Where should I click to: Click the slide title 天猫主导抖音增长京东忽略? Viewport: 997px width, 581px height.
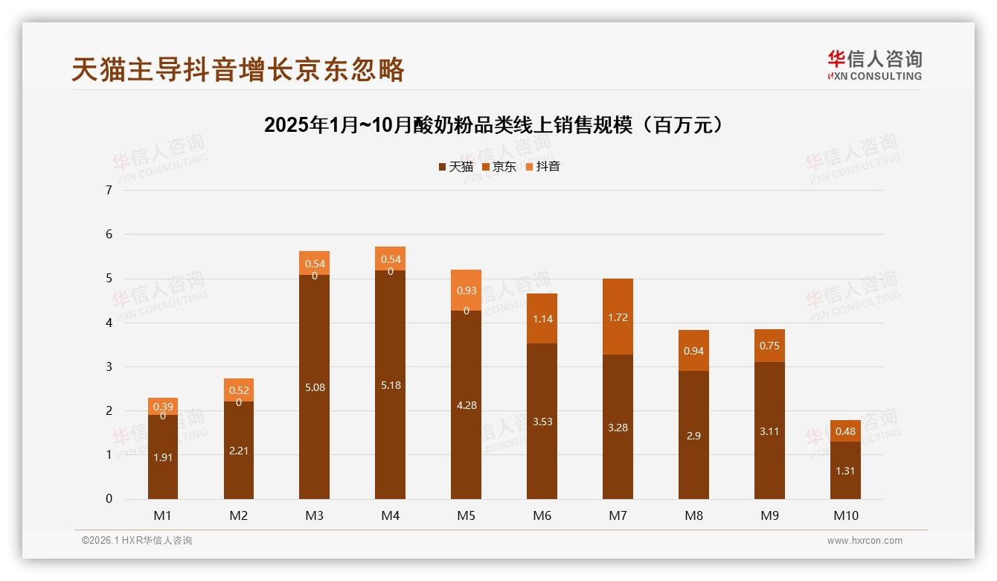tap(238, 69)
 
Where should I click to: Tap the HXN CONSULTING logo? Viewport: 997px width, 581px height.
tap(874, 65)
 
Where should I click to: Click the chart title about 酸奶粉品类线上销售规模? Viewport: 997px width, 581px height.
tap(493, 124)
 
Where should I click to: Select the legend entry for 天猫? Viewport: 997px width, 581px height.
tap(455, 167)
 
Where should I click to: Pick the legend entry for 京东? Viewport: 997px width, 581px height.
tap(499, 167)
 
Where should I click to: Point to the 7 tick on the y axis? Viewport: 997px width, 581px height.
tap(109, 190)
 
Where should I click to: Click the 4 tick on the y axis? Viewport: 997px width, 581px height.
tap(109, 323)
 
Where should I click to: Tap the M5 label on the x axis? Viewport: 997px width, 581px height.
tap(466, 515)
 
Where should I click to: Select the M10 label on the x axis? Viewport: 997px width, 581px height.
tap(845, 515)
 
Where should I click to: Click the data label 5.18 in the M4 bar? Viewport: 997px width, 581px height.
tap(390, 385)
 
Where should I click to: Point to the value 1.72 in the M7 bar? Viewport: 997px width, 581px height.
tap(618, 317)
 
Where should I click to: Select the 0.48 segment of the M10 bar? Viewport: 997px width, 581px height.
tap(845, 431)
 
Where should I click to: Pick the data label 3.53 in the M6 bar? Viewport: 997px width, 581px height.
tap(542, 422)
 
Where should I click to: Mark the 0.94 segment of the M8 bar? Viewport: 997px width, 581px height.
tap(693, 351)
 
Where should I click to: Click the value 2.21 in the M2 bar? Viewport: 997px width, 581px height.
tap(239, 450)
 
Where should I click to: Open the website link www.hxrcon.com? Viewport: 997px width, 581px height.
tap(865, 541)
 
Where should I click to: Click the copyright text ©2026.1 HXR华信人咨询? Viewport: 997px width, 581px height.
tap(137, 541)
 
